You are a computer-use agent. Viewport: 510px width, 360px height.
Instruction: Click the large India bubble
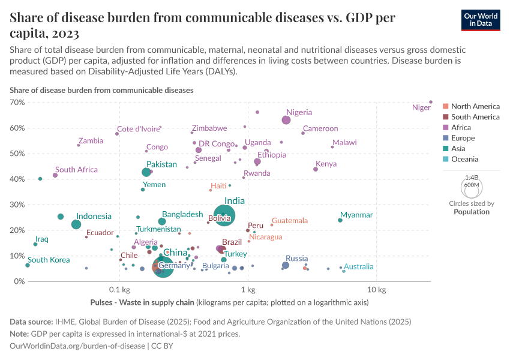point(224,215)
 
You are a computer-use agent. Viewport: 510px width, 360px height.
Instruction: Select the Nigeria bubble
point(286,120)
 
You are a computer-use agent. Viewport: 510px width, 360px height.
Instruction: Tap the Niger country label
point(421,108)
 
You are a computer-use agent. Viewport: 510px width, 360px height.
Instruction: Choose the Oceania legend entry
point(464,159)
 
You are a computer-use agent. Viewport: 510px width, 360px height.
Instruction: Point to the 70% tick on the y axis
point(16,103)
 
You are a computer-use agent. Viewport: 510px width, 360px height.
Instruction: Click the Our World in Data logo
point(481,19)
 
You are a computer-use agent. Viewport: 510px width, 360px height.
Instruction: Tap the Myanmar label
point(356,215)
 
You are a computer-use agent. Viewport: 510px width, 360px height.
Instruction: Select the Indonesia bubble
point(76,224)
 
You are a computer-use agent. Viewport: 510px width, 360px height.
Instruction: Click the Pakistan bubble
point(146,172)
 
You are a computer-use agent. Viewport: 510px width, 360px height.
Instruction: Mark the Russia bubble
point(286,265)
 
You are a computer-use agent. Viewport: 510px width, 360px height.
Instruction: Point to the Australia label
point(359,266)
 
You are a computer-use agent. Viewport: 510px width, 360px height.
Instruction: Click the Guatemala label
point(290,221)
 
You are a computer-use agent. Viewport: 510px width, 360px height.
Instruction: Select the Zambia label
point(91,141)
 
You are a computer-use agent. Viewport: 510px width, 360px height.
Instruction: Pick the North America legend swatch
point(445,106)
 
